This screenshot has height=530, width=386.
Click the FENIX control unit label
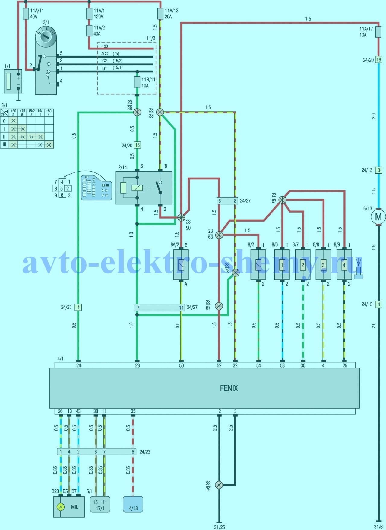[x=229, y=388]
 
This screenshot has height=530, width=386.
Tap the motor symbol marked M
[x=378, y=217]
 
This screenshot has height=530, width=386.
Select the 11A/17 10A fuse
[x=378, y=32]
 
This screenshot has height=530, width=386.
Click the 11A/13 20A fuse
[x=160, y=14]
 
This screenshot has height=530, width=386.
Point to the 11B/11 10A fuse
[x=137, y=82]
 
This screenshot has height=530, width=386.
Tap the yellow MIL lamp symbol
[x=61, y=507]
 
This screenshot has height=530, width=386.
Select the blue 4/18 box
[x=133, y=504]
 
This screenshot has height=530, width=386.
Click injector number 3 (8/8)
[x=323, y=265]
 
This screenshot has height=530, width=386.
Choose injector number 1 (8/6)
[x=282, y=265]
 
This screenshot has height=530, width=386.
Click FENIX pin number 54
[x=258, y=365]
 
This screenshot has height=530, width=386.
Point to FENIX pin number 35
[x=133, y=411]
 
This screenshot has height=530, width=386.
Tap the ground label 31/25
[x=219, y=527]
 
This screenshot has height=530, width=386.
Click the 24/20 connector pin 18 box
[x=378, y=60]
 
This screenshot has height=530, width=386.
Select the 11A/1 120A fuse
[x=89, y=14]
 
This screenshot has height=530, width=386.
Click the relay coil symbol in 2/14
[x=137, y=188]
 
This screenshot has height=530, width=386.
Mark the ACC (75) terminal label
[x=110, y=54]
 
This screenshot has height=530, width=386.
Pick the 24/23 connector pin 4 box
[x=78, y=307]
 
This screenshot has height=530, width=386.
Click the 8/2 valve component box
[x=258, y=265]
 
